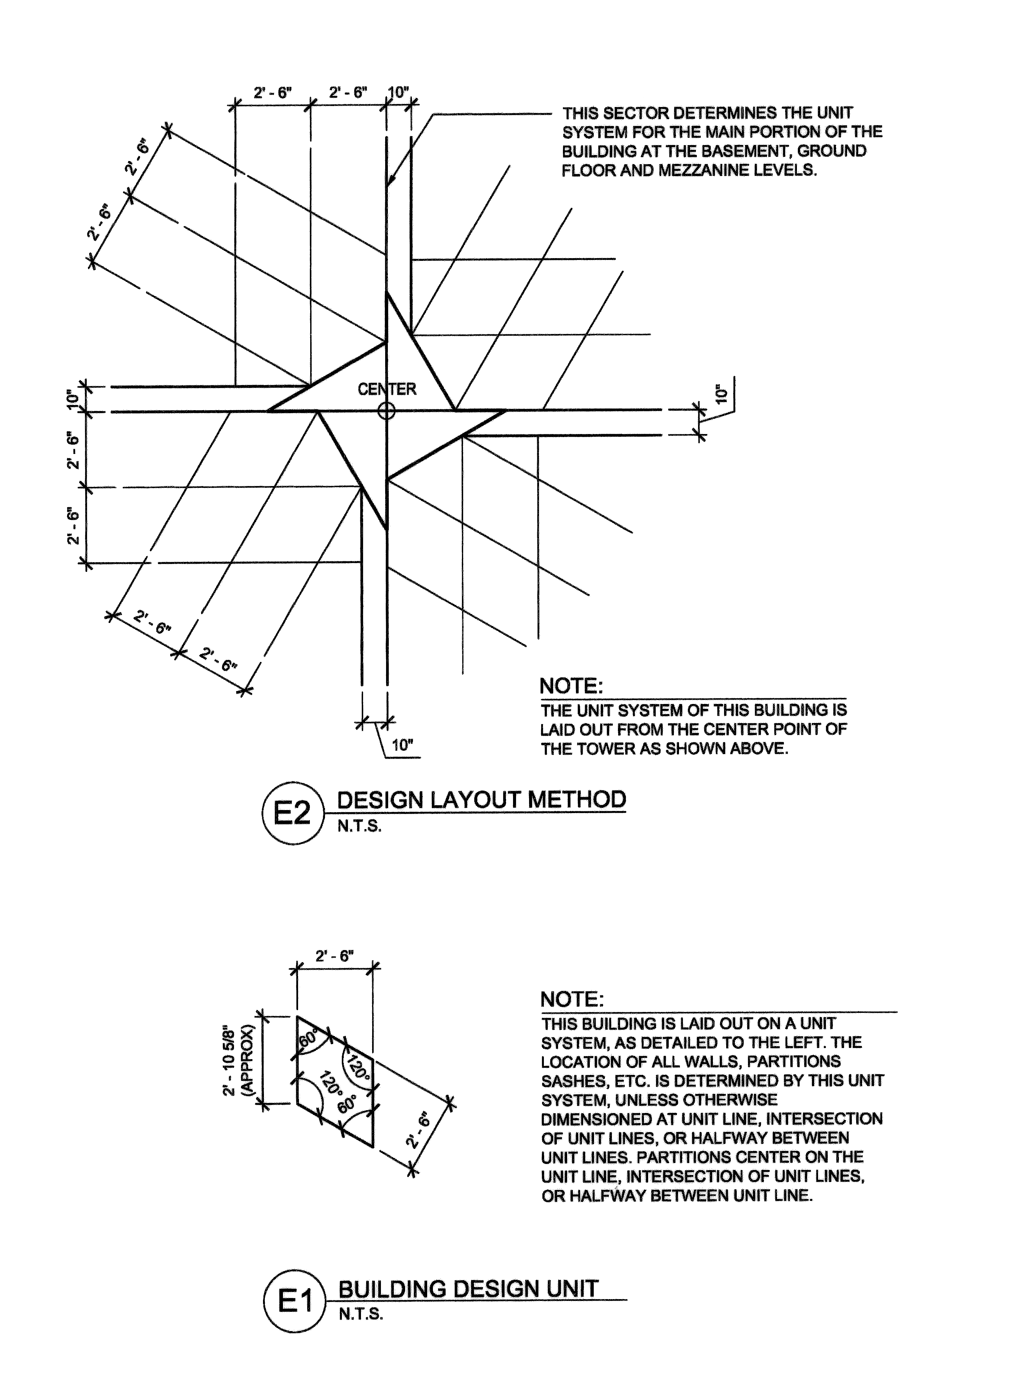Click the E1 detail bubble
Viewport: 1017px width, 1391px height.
294,1301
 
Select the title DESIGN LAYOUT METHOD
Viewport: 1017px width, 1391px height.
481,799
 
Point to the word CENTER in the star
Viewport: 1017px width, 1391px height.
387,389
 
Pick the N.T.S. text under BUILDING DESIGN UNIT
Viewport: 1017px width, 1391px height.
361,1314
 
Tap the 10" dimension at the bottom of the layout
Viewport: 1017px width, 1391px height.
401,745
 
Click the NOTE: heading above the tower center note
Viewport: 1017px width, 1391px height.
571,686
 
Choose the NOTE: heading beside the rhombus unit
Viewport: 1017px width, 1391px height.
572,999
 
